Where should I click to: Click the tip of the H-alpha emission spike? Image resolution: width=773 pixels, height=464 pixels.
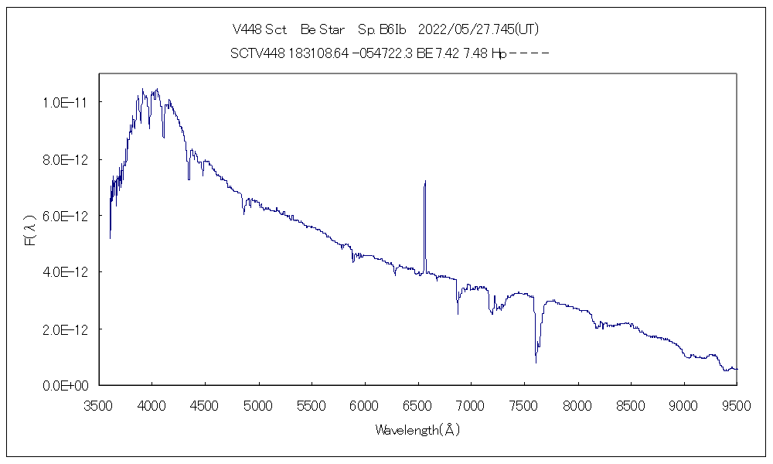click(x=425, y=182)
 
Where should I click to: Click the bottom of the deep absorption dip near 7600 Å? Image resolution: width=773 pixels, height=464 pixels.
click(x=536, y=361)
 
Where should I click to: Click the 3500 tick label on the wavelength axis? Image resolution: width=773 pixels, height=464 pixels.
click(x=99, y=404)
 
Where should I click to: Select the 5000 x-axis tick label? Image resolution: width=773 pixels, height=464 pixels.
click(x=258, y=404)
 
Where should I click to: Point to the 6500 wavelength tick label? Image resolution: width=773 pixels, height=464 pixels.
click(x=418, y=404)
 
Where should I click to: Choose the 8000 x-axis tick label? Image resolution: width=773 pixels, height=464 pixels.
click(x=577, y=404)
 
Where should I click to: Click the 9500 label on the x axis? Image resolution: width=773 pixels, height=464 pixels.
click(x=737, y=404)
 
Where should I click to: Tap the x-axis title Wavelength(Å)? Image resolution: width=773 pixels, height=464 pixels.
click(x=417, y=430)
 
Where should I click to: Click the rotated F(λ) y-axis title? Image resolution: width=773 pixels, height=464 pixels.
click(x=31, y=230)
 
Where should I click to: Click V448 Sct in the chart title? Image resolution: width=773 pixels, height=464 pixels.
click(x=260, y=30)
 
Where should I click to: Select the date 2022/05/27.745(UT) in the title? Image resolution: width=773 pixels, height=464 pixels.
click(x=478, y=30)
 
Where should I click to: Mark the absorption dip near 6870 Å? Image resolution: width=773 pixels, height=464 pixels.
click(x=458, y=312)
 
